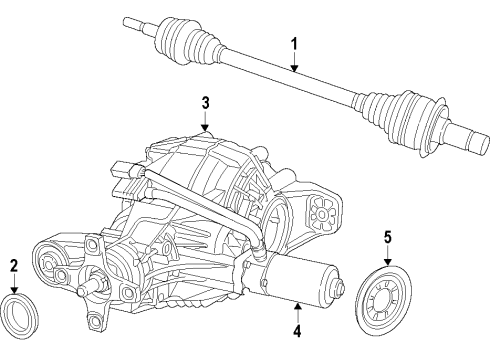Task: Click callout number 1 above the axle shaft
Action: (x=294, y=43)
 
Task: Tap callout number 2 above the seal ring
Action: (x=14, y=265)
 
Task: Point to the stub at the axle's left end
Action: (x=135, y=19)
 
